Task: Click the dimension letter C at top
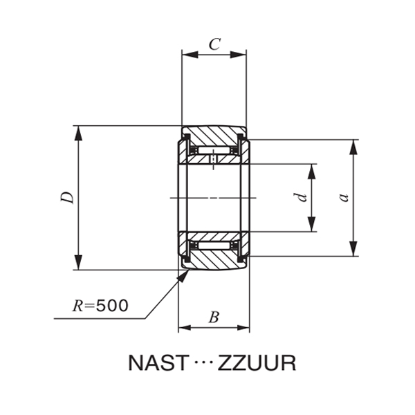point(214,45)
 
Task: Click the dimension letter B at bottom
point(214,317)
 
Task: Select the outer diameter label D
point(67,198)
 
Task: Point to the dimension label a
point(343,198)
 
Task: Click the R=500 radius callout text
point(101,305)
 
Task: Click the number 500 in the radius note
point(112,305)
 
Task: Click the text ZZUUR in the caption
point(257,363)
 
